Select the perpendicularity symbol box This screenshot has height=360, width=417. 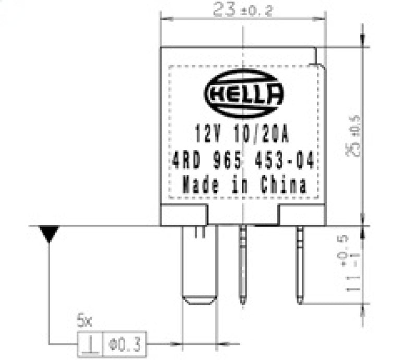coord(90,343)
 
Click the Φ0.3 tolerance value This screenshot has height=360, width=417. coord(125,344)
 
